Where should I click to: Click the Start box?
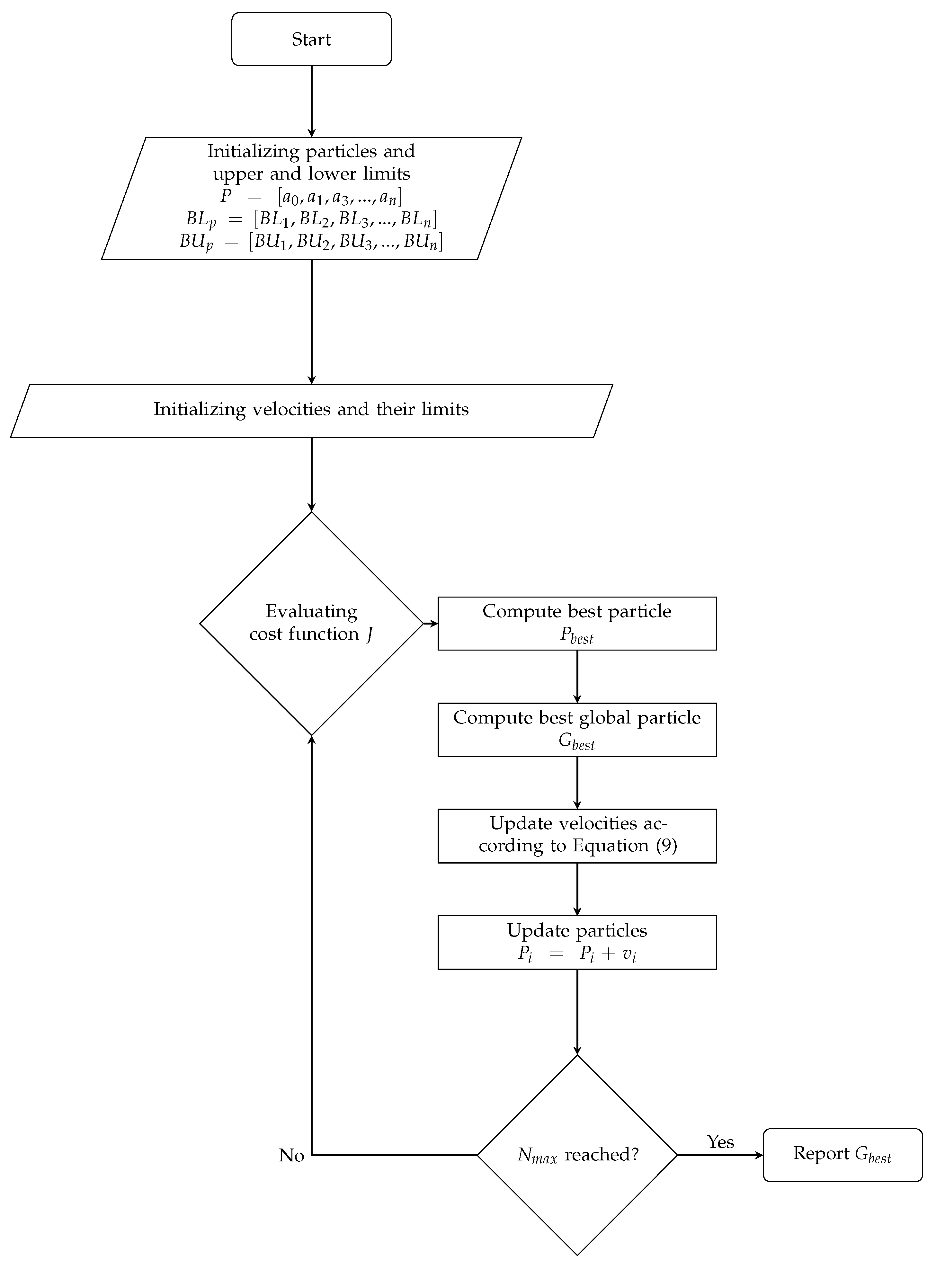coord(311,39)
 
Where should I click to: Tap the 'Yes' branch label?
coord(720,1141)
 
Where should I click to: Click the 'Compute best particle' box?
coord(577,623)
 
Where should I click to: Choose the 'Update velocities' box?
coord(577,836)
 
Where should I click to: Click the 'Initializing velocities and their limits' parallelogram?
coord(311,409)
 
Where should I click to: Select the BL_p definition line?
coord(311,219)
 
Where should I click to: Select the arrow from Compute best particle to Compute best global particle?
coord(577,676)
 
